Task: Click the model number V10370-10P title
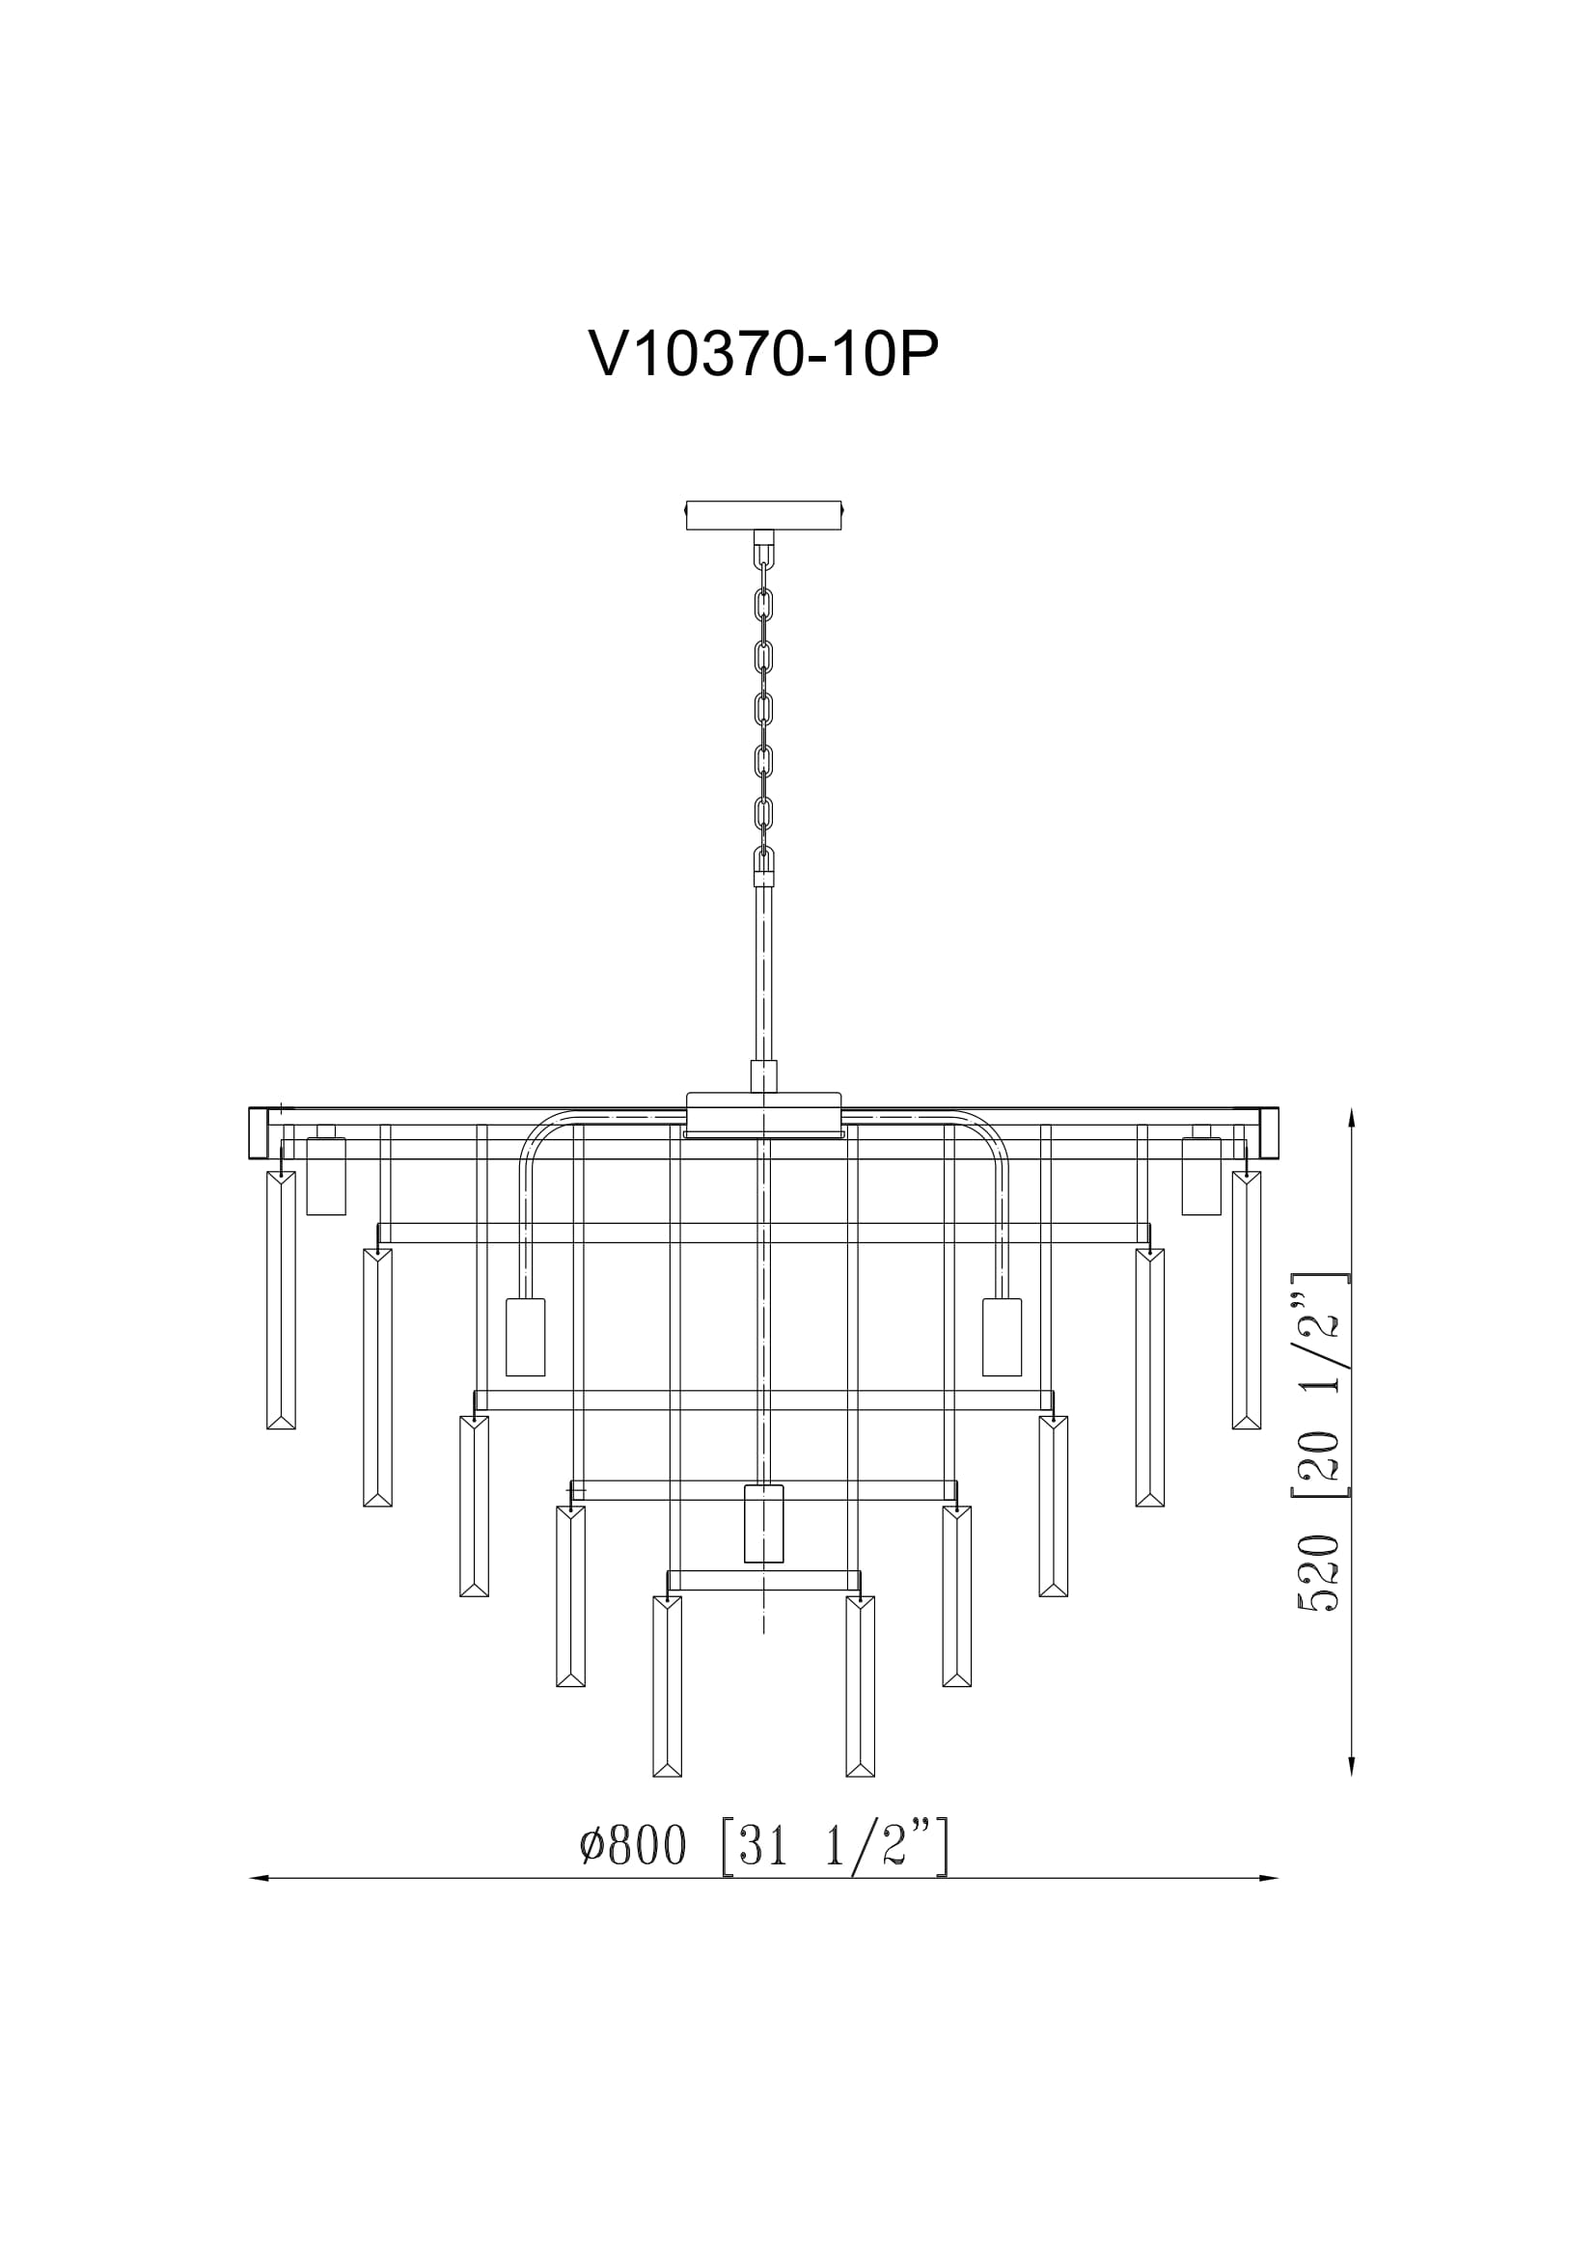pyautogui.click(x=763, y=354)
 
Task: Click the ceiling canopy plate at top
pyautogui.click(x=763, y=515)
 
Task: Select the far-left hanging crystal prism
pyautogui.click(x=281, y=1300)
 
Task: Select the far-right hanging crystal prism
pyautogui.click(x=1246, y=1300)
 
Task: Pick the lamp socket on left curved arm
pyautogui.click(x=525, y=1336)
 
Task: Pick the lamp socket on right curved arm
pyautogui.click(x=1003, y=1336)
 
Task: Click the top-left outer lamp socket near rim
pyautogui.click(x=326, y=1175)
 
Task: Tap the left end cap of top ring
pyautogui.click(x=259, y=1132)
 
